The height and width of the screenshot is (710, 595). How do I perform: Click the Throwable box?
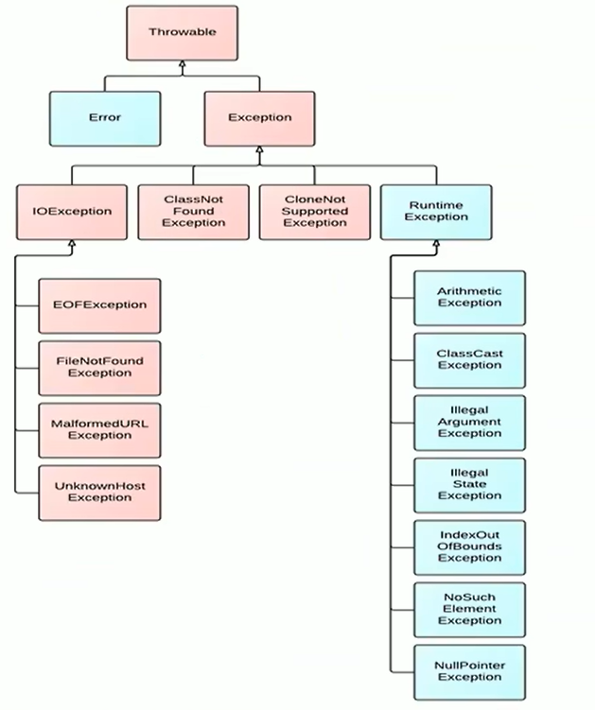pos(182,32)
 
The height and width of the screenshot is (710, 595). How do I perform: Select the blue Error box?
pos(105,118)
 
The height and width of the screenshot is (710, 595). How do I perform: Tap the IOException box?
pos(72,212)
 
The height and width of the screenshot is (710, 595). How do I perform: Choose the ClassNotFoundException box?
pos(194,212)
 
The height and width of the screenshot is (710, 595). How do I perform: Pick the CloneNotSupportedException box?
pos(315,212)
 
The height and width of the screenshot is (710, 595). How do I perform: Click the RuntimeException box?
pos(436,212)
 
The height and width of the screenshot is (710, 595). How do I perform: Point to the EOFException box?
pos(99,305)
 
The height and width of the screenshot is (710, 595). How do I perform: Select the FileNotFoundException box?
pos(99,368)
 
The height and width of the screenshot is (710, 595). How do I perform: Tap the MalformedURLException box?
pos(99,430)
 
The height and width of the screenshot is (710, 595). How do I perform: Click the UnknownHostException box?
pos(99,493)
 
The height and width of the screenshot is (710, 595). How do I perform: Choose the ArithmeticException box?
pos(470,298)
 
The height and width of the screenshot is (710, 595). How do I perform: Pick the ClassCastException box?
pos(470,360)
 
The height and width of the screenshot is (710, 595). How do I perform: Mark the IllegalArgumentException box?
pos(470,423)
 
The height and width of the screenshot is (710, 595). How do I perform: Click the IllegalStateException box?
pos(470,485)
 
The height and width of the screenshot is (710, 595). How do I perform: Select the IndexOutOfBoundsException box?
pos(470,547)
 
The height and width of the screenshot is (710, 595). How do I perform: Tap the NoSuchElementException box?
pos(470,610)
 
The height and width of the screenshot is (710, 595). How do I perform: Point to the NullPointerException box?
pos(470,672)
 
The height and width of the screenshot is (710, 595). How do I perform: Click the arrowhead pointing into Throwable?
pos(183,64)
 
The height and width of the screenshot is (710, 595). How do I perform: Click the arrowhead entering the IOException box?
pos(72,244)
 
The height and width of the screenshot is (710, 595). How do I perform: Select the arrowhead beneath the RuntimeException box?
pos(436,244)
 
